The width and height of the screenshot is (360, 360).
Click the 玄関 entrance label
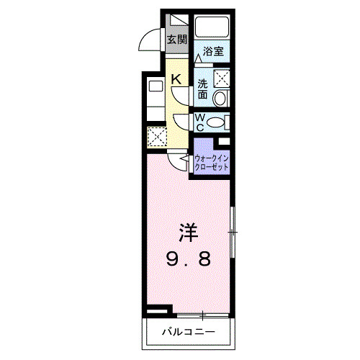pyautogui.click(x=176, y=39)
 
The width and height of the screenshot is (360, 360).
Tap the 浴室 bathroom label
pyautogui.click(x=212, y=52)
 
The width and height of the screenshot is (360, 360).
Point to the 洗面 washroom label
pyautogui.click(x=204, y=89)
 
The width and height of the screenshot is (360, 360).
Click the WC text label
pyautogui.click(x=201, y=122)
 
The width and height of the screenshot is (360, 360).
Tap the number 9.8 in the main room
pyautogui.click(x=189, y=258)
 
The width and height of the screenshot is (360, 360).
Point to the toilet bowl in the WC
pyautogui.click(x=222, y=122)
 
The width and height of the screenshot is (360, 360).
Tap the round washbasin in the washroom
pyautogui.click(x=222, y=97)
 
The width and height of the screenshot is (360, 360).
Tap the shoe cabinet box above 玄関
pyautogui.click(x=176, y=22)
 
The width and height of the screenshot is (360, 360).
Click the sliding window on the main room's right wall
pyautogui.click(x=232, y=231)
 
